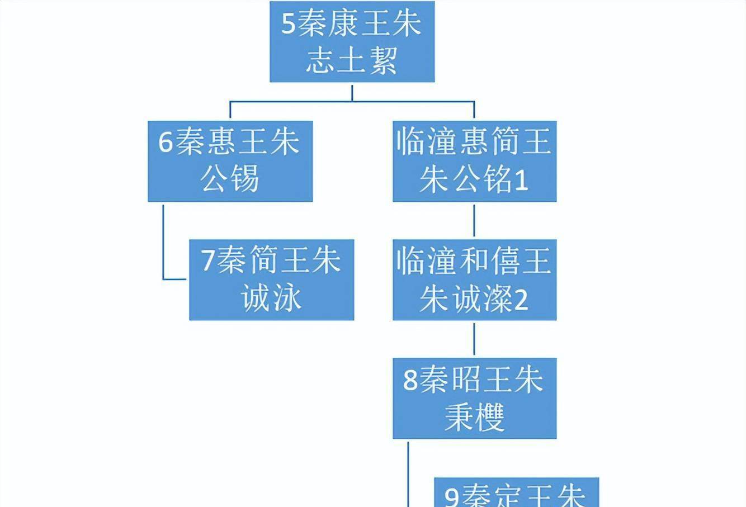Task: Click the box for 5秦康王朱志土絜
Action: [x=352, y=41]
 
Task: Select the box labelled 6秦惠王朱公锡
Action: [x=230, y=161]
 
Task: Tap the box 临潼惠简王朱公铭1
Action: [x=474, y=161]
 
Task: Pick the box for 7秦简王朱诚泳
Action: [x=271, y=279]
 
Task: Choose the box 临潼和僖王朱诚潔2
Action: [x=474, y=279]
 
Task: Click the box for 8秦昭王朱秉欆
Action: [x=474, y=398]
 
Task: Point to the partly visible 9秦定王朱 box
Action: [x=516, y=493]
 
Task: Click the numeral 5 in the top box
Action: [x=288, y=24]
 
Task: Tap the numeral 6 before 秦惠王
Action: [x=166, y=142]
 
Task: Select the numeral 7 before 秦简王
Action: [x=208, y=260]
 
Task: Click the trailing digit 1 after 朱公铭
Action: [x=521, y=181]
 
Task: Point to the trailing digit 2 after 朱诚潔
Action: [x=521, y=300]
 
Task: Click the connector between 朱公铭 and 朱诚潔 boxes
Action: [x=474, y=220]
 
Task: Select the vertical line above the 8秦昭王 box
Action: [x=474, y=339]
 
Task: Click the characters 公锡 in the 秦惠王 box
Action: [x=230, y=180]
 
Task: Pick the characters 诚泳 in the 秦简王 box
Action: [x=272, y=298]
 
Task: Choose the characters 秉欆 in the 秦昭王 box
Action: [x=474, y=417]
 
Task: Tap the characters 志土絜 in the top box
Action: [x=352, y=60]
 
